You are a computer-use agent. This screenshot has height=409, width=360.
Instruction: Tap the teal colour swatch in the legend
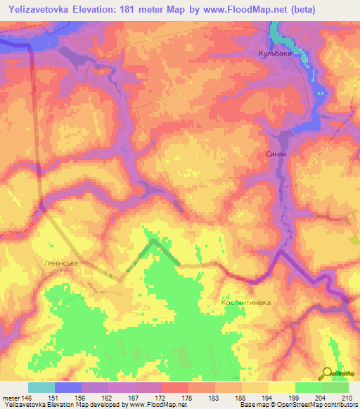[x=41, y=387]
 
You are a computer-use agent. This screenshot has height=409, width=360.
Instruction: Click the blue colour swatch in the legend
[x=68, y=387]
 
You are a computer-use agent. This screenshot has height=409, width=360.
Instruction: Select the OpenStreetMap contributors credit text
[x=316, y=405]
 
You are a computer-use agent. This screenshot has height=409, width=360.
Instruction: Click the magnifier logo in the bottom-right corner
[x=328, y=375]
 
